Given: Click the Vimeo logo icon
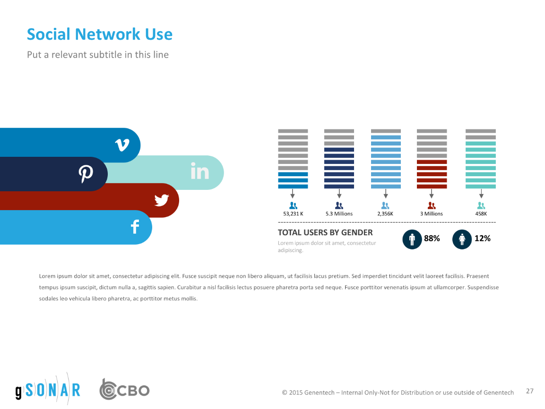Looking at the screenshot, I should pyautogui.click(x=122, y=145).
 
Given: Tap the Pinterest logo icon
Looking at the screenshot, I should pyautogui.click(x=86, y=174).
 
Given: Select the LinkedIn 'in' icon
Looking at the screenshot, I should pyautogui.click(x=199, y=171).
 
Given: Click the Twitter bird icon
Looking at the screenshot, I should pyautogui.click(x=162, y=200).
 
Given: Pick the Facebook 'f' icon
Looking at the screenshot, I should pyautogui.click(x=135, y=227).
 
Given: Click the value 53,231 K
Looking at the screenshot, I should pyautogui.click(x=293, y=214).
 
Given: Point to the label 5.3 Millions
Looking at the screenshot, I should pyautogui.click(x=339, y=214).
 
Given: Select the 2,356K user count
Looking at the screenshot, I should pyautogui.click(x=385, y=214).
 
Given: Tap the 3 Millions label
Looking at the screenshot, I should pyautogui.click(x=431, y=214).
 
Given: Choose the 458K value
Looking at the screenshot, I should pyautogui.click(x=481, y=214).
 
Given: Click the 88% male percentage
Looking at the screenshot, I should pyautogui.click(x=432, y=239).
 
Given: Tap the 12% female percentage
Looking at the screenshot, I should pyautogui.click(x=482, y=239).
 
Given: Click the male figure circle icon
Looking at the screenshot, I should pyautogui.click(x=412, y=239).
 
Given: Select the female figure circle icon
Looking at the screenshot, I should pyautogui.click(x=462, y=239).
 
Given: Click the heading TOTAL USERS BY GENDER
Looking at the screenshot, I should pyautogui.click(x=325, y=232).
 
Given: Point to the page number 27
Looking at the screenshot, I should pyautogui.click(x=529, y=391).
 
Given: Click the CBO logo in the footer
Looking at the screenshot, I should pyautogui.click(x=124, y=390).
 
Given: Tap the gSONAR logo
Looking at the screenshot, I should pyautogui.click(x=47, y=390).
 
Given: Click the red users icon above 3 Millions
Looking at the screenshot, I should pyautogui.click(x=431, y=205).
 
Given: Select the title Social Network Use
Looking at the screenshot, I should pyautogui.click(x=99, y=34).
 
